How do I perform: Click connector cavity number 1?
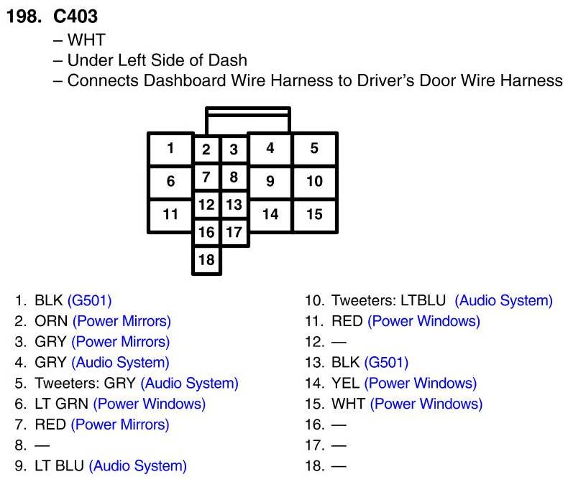(x=170, y=149)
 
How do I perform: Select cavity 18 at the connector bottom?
(x=206, y=260)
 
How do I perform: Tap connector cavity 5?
(x=314, y=149)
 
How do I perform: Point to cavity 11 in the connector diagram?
(x=170, y=214)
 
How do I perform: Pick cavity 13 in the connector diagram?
(x=234, y=205)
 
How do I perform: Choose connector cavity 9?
(x=270, y=181)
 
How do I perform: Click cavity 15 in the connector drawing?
(x=314, y=214)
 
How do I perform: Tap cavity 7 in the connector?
(x=206, y=177)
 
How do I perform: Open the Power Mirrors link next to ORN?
(x=123, y=321)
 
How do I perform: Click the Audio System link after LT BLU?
(x=137, y=466)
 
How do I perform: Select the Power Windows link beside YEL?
(x=423, y=384)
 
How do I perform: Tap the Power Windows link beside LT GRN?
(x=149, y=404)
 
